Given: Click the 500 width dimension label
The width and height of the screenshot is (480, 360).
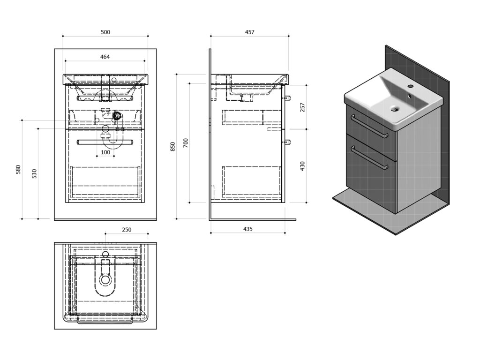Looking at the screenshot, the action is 105,32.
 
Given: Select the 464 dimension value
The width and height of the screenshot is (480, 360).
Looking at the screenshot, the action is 105,57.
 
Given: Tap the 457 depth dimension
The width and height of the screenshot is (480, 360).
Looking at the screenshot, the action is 249,32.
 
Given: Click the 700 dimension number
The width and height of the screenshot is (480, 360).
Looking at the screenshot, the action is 186,143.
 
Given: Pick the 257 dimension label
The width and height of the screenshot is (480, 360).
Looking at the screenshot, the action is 302,107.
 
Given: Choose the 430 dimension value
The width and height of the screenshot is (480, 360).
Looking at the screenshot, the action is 302,165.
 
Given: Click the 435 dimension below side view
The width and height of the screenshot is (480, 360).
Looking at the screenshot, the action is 247,229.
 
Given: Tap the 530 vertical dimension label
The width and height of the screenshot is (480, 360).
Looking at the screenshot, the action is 34,173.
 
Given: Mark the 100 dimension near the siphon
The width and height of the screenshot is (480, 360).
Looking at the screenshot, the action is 105,152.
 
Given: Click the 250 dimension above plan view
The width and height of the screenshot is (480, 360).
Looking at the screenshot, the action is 127,230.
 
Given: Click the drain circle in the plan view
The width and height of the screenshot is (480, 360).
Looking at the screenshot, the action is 105,280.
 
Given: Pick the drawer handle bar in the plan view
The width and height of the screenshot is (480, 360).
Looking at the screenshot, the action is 105,322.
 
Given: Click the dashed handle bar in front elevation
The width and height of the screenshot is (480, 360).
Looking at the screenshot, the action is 105,141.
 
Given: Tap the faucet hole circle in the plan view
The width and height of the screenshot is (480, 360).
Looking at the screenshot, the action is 105,254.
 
